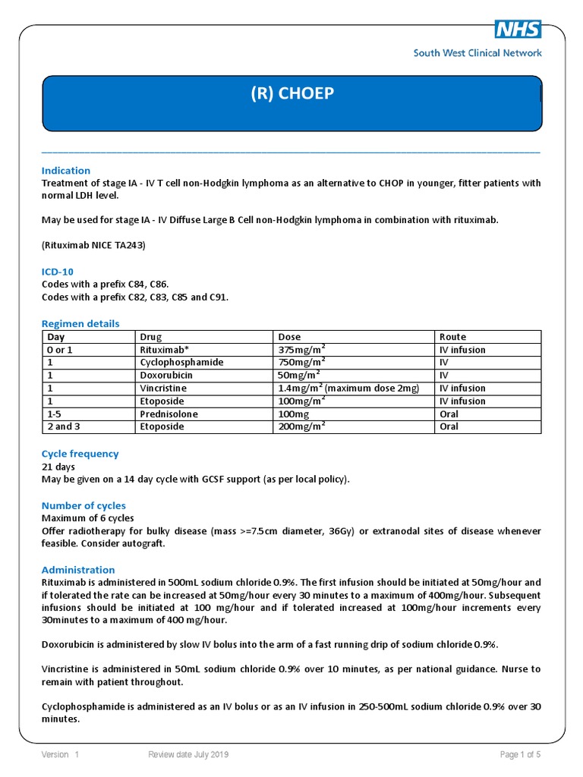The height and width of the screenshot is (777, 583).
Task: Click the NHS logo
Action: point(518,30)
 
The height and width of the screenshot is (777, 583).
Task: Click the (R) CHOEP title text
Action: point(291,94)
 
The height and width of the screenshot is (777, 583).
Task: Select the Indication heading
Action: point(65,171)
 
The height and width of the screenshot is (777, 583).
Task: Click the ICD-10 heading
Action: point(57,272)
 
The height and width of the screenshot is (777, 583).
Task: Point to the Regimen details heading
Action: point(80,324)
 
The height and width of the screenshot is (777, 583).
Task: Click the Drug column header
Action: point(150,337)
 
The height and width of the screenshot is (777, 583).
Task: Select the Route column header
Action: point(452,337)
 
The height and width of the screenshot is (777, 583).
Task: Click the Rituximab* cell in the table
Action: point(163,350)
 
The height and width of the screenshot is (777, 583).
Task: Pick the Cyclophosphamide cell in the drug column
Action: point(181,363)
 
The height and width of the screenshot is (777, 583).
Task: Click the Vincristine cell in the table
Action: point(162,388)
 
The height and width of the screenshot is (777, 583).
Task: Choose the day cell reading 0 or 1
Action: point(60,350)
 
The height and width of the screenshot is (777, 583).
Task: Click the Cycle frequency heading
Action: point(80,454)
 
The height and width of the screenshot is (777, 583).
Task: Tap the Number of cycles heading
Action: point(84,506)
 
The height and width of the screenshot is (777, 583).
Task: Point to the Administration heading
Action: point(78,570)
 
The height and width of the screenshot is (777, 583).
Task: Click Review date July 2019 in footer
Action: point(188,755)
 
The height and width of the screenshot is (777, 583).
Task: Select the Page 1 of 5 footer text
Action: point(520,755)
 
